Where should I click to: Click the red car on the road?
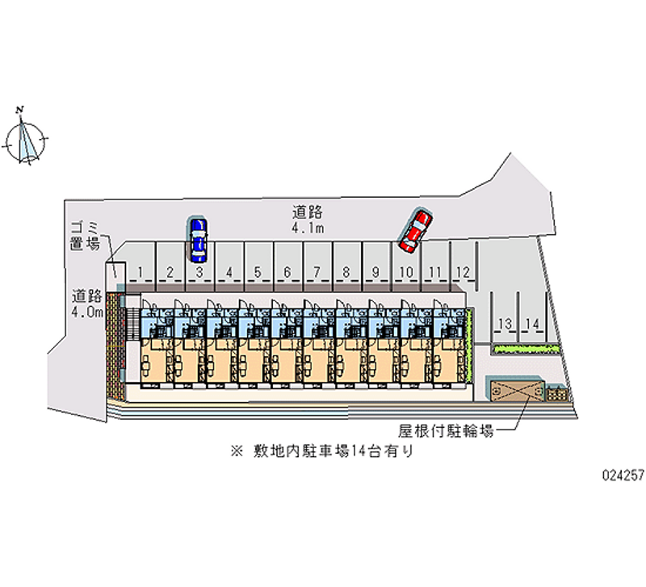pyautogui.click(x=416, y=230)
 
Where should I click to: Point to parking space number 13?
pyautogui.click(x=505, y=323)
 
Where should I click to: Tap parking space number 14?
pyautogui.click(x=531, y=323)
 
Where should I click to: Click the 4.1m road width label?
pyautogui.click(x=308, y=229)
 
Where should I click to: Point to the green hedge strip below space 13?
pyautogui.click(x=525, y=349)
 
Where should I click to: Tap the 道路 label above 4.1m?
pyautogui.click(x=308, y=213)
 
